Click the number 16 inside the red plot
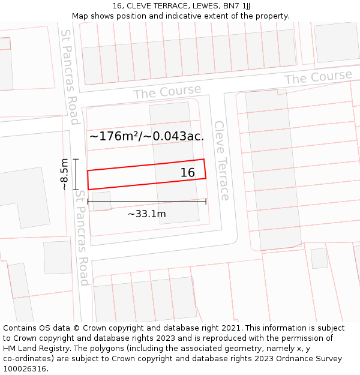(188, 173)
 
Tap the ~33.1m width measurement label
(147, 214)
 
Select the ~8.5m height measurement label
(64, 174)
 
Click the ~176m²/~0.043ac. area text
(146, 136)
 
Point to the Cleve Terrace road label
(221, 160)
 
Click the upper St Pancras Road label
(69, 77)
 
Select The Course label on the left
(167, 92)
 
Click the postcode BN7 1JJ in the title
(238, 6)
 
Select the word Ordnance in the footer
(287, 359)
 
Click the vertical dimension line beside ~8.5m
(76, 174)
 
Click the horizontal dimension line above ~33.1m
(147, 202)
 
